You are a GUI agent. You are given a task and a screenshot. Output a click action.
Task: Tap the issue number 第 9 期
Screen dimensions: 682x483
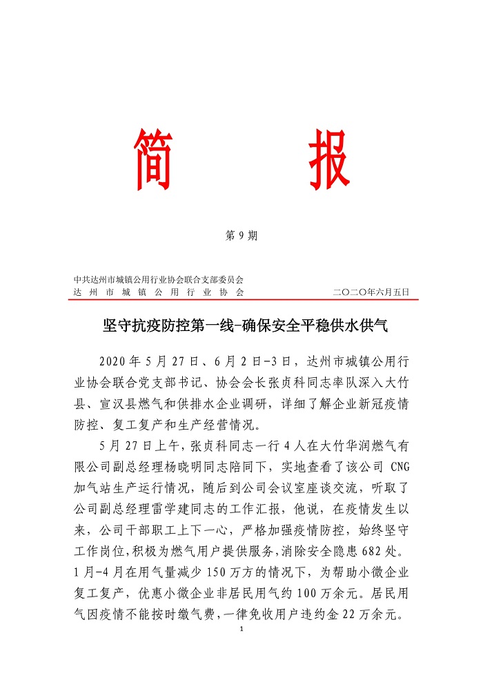tap(241, 236)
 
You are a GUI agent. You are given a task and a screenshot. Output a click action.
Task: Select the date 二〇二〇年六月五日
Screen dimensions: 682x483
tap(371, 292)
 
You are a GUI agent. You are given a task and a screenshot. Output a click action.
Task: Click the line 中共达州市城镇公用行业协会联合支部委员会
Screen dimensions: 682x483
tap(159, 280)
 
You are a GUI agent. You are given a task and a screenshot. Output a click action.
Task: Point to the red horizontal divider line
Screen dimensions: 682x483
tap(241, 299)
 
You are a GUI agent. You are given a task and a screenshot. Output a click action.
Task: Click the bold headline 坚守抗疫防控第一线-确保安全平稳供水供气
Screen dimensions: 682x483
tap(241, 325)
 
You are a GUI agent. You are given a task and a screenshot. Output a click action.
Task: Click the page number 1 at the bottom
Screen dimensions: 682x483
tap(241, 630)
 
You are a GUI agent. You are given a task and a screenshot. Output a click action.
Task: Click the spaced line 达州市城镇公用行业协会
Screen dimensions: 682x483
tap(159, 292)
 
